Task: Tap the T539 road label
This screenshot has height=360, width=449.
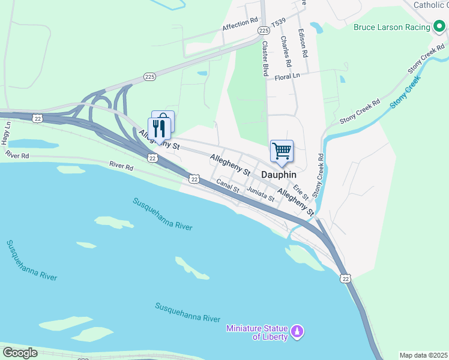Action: (278, 22)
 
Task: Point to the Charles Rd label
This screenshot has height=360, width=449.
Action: (286, 51)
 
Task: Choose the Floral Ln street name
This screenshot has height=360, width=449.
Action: (287, 76)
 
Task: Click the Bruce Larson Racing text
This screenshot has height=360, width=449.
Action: (391, 27)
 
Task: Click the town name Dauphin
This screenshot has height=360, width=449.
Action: (279, 174)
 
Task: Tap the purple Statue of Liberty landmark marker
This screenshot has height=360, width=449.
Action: (297, 331)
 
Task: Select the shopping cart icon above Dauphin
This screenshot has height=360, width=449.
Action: (282, 151)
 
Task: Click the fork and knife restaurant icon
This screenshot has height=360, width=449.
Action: (158, 128)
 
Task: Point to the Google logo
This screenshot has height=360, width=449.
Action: (20, 353)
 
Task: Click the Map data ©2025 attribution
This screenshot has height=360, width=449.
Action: (423, 355)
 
